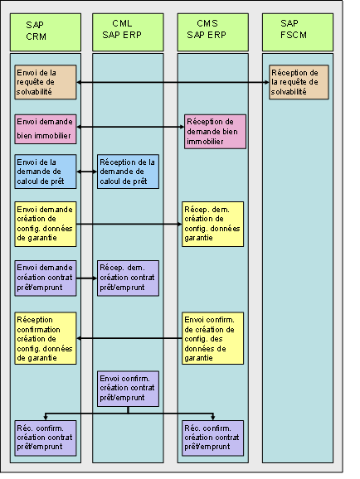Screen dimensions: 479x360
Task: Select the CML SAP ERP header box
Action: [x=128, y=31]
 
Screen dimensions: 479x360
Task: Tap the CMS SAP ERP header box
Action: [x=212, y=31]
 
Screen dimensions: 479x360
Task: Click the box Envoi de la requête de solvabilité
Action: [x=46, y=82]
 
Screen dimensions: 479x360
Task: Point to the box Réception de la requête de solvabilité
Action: [x=299, y=82]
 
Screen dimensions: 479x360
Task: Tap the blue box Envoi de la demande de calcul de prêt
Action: [x=46, y=172]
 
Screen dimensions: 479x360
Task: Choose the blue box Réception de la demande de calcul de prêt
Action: [x=128, y=172]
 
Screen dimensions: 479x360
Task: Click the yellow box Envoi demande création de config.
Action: [x=46, y=224]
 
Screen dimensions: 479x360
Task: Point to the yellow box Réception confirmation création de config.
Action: [x=46, y=338]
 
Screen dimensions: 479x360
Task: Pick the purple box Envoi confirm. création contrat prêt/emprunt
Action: [x=128, y=388]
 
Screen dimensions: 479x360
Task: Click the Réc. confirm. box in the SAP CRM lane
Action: [x=46, y=437]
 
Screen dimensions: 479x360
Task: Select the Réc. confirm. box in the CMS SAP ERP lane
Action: [x=214, y=437]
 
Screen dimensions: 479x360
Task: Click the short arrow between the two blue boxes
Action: [x=86, y=172]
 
